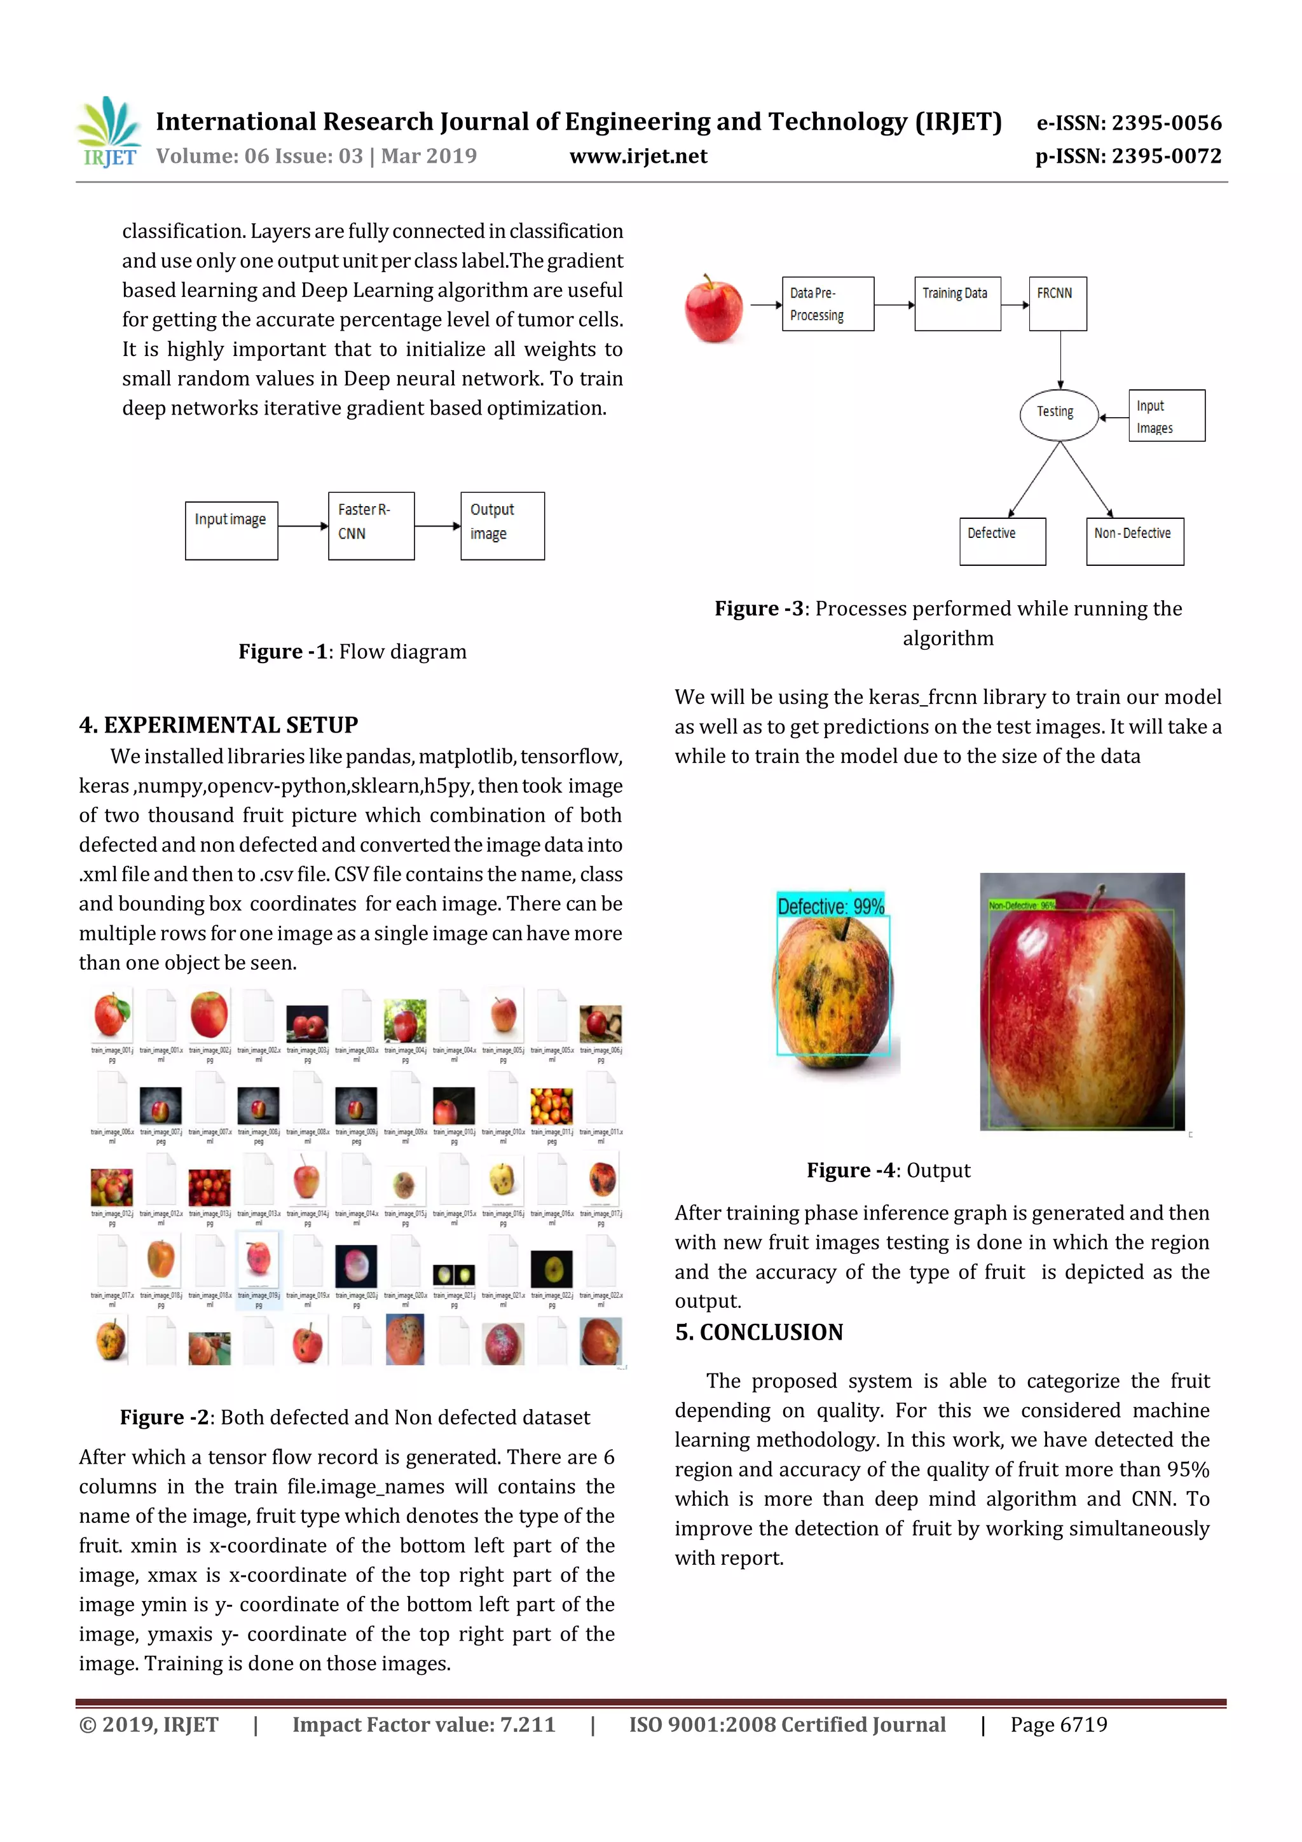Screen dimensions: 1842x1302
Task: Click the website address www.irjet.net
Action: tap(638, 156)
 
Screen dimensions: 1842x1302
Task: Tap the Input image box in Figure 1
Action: tap(231, 530)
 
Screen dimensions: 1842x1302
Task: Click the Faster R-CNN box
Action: tap(371, 525)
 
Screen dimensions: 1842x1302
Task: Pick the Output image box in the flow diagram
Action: tap(502, 525)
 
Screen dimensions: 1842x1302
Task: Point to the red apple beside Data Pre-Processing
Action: tap(713, 309)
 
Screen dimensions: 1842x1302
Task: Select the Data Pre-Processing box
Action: tap(827, 304)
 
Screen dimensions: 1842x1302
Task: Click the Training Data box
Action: tap(956, 304)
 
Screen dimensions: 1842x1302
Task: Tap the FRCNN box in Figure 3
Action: tap(1057, 304)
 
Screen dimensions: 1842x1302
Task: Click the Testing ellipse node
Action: tap(1057, 414)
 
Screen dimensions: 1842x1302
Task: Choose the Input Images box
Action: tap(1165, 416)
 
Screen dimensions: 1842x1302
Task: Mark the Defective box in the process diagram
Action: tap(1002, 542)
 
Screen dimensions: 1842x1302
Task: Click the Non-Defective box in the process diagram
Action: tap(1134, 542)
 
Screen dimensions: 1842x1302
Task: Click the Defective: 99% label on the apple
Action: tap(830, 906)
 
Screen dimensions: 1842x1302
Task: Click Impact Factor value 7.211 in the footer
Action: tap(423, 1724)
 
